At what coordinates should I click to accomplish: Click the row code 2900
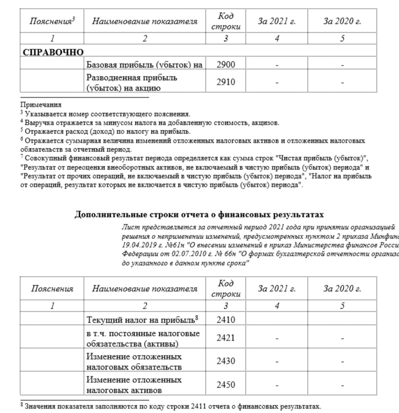(x=226, y=64)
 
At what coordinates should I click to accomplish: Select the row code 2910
(x=226, y=82)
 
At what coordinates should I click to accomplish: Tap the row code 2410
(x=226, y=319)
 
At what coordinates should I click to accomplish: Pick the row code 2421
(x=226, y=338)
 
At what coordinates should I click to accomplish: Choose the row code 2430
(x=226, y=361)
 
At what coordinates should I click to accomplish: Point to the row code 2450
(x=226, y=384)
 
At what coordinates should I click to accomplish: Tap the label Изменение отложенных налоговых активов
(x=133, y=384)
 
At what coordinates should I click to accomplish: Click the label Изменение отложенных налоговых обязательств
(x=133, y=361)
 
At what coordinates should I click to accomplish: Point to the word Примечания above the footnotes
(x=41, y=105)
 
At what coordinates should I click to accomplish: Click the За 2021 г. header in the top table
(x=277, y=21)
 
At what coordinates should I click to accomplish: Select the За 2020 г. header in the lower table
(x=342, y=288)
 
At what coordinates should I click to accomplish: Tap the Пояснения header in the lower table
(x=52, y=288)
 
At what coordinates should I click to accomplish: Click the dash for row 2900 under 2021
(x=277, y=65)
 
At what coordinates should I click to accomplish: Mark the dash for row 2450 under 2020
(x=342, y=385)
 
